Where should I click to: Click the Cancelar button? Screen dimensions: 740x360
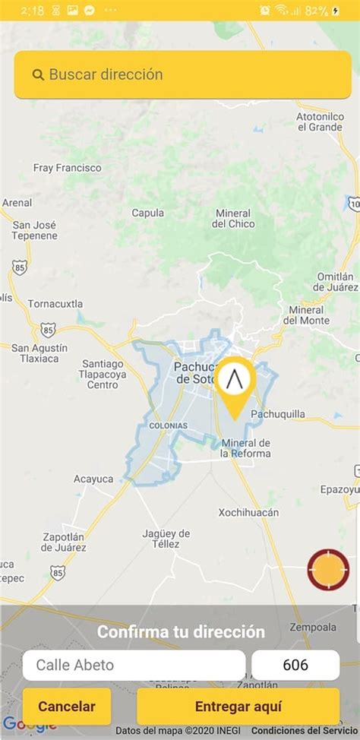tap(67, 707)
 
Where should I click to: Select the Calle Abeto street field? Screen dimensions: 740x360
tap(134, 666)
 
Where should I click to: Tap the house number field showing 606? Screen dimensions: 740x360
tap(295, 666)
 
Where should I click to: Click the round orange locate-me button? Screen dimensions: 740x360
tap(328, 570)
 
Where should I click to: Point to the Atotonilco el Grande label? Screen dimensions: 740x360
tap(319, 122)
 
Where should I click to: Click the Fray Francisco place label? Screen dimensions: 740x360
tap(67, 167)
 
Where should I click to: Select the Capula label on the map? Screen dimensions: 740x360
tap(147, 213)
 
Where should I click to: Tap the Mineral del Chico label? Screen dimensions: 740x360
tap(233, 218)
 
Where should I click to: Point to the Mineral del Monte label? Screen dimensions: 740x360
tap(307, 315)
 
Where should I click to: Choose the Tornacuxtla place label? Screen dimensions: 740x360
tap(55, 304)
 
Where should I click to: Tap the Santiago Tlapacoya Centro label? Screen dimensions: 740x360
tap(103, 374)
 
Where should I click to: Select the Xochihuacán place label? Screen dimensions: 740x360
tap(248, 512)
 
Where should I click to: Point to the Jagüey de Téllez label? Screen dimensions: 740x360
tap(161, 538)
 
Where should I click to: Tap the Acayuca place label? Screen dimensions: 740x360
tap(93, 479)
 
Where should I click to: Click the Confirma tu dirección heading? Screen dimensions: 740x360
tap(181, 632)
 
